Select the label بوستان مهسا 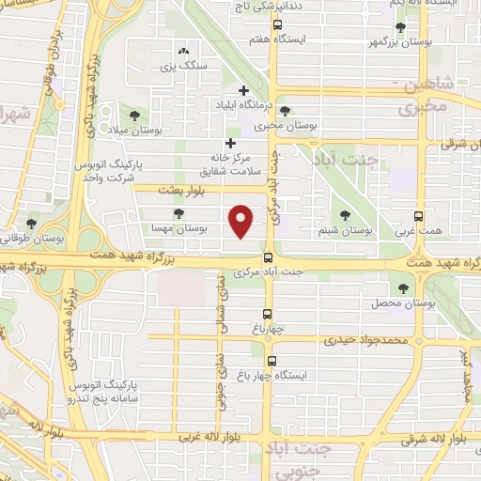pos(178,228)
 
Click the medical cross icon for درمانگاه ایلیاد pos(244,91)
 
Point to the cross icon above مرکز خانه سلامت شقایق pos(230,143)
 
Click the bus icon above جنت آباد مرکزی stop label pos(269,257)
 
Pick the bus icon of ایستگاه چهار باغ pos(272,361)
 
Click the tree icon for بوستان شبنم pos(345,215)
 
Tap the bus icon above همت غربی pos(418,215)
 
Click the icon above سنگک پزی pos(182,53)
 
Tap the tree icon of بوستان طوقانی pos(33,224)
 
